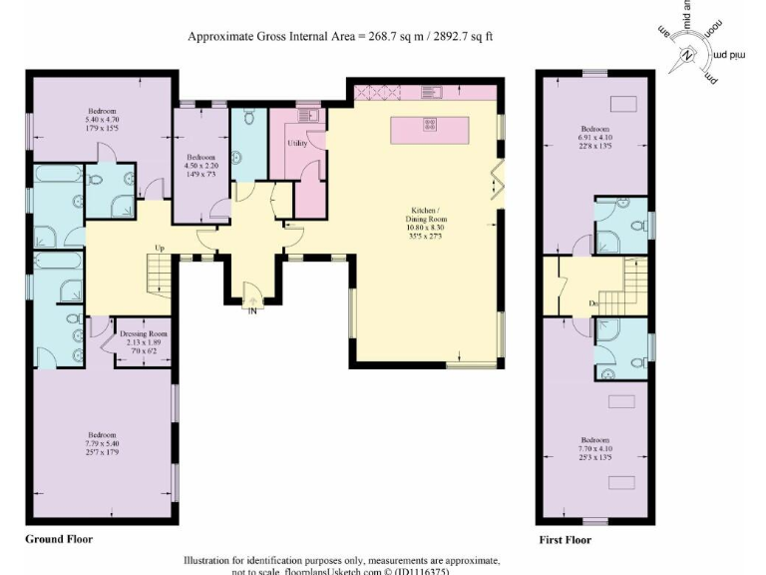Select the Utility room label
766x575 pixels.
pos(296,144)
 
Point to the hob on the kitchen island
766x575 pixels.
pos(430,125)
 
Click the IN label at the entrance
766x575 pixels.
pos(251,309)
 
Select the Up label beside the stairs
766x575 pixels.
pos(159,247)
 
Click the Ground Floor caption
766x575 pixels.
pos(59,539)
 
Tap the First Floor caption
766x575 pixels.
pos(565,540)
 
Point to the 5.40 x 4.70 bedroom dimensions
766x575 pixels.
pos(102,119)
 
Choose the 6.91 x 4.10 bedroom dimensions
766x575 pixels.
pos(595,137)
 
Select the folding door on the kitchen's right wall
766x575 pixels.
pos(499,186)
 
